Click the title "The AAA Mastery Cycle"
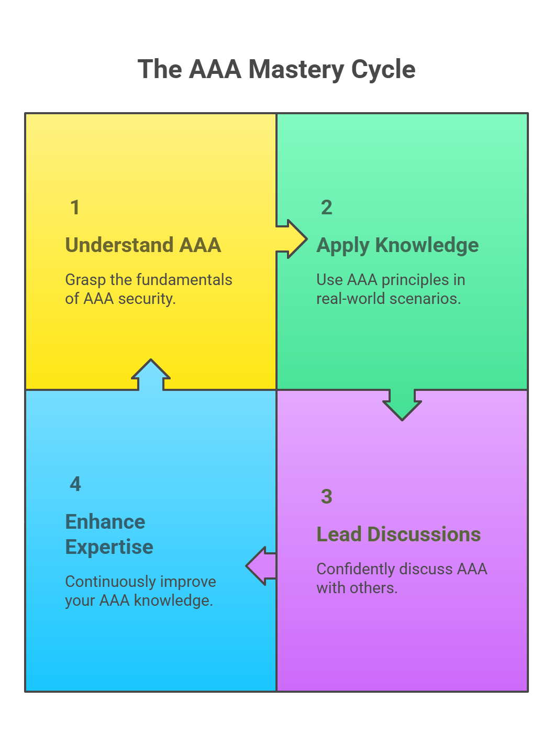click(x=276, y=69)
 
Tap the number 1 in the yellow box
click(x=75, y=208)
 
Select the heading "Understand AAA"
click(x=143, y=245)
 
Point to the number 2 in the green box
click(x=326, y=208)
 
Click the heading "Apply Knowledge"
click(x=397, y=245)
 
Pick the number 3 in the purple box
click(x=326, y=497)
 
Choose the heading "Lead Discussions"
click(x=399, y=534)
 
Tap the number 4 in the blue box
click(x=75, y=484)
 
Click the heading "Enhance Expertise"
click(x=109, y=534)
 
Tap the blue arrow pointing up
click(x=151, y=375)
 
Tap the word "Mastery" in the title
click(x=296, y=69)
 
